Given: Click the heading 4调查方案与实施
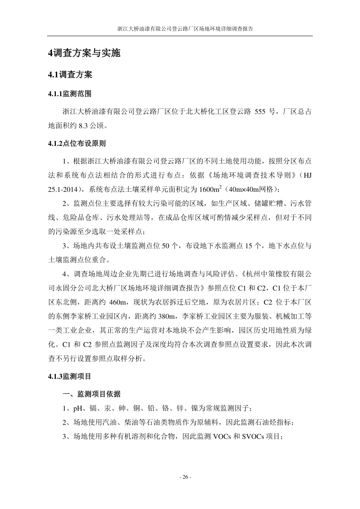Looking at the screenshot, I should coord(84,53).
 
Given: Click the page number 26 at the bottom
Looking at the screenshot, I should coord(185,477).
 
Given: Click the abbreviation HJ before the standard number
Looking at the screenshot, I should coord(307,175).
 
